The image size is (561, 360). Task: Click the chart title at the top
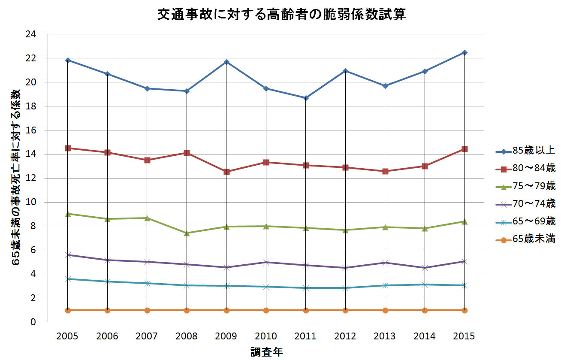(x=281, y=15)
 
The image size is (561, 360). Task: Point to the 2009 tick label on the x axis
(x=226, y=336)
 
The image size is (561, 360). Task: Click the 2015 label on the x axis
(x=464, y=336)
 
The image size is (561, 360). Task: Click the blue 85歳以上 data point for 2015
(x=464, y=52)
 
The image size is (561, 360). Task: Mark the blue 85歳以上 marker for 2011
(x=306, y=98)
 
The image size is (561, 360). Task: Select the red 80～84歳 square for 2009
(x=226, y=172)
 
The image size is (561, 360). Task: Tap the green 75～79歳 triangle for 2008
(x=187, y=233)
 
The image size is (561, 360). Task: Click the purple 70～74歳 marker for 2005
(x=68, y=255)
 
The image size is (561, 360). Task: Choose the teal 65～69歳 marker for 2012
(x=345, y=288)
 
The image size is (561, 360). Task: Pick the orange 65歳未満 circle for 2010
(x=266, y=310)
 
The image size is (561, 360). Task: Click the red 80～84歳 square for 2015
(x=464, y=149)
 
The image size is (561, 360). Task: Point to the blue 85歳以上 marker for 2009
(x=226, y=62)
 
